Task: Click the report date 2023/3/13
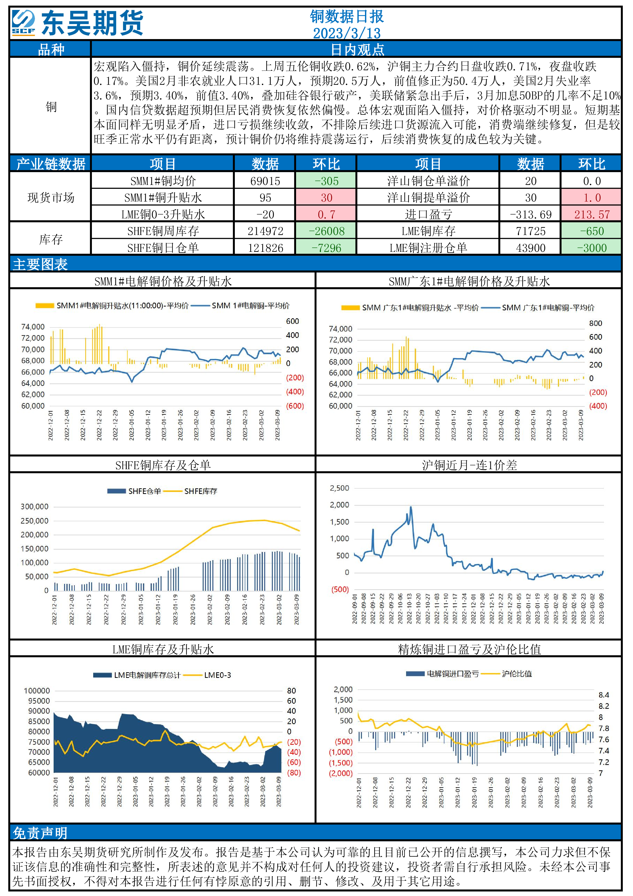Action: coord(346,33)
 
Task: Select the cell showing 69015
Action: coord(265,181)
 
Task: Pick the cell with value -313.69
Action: coord(530,215)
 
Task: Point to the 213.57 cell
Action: coord(591,215)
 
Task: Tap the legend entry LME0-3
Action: coord(217,675)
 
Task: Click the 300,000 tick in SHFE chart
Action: coord(35,506)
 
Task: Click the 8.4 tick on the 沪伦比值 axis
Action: coord(603,695)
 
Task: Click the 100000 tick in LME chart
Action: coord(37,691)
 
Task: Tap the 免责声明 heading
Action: coord(41,833)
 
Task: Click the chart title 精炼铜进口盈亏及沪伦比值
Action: coord(469,649)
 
